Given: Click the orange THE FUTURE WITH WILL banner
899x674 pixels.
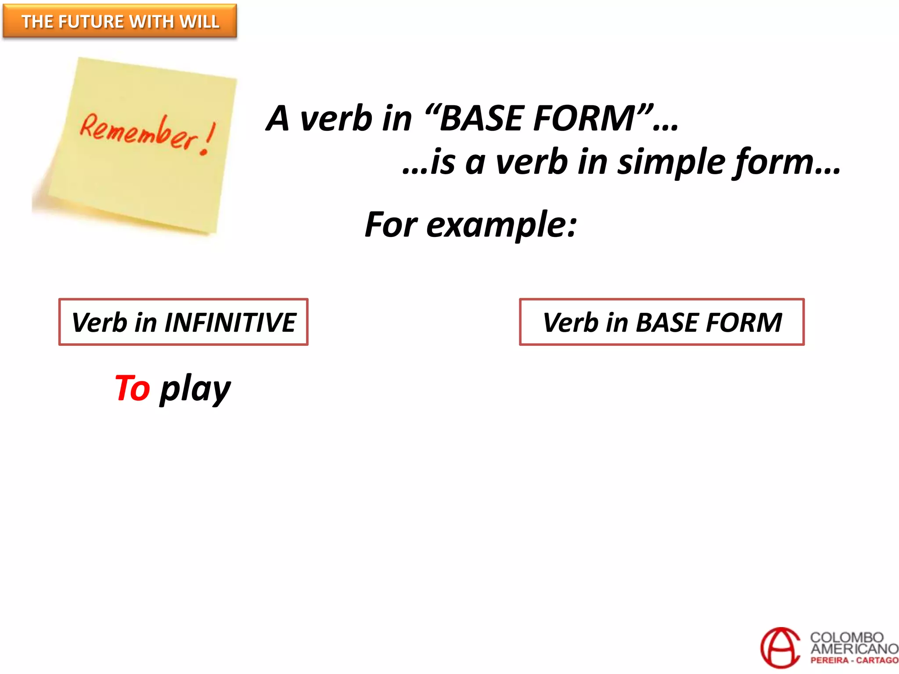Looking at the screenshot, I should (x=119, y=21).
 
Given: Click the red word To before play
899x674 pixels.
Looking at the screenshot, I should (x=132, y=388).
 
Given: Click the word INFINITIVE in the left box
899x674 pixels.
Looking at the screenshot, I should (x=230, y=323).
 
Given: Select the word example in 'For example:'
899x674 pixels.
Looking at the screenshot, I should (x=501, y=225).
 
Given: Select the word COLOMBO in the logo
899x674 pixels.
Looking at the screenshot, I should (x=846, y=637).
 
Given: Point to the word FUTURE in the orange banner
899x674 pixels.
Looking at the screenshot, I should (x=91, y=22).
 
